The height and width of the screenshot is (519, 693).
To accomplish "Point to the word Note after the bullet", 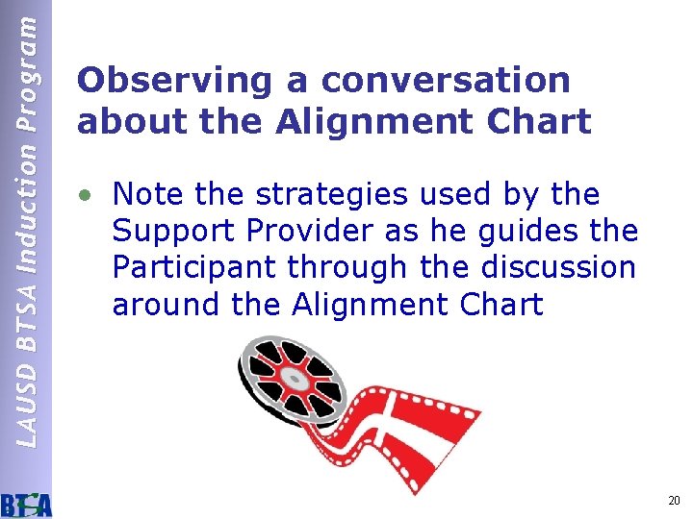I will (x=148, y=195).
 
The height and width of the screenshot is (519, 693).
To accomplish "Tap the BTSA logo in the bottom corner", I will (x=26, y=503).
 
